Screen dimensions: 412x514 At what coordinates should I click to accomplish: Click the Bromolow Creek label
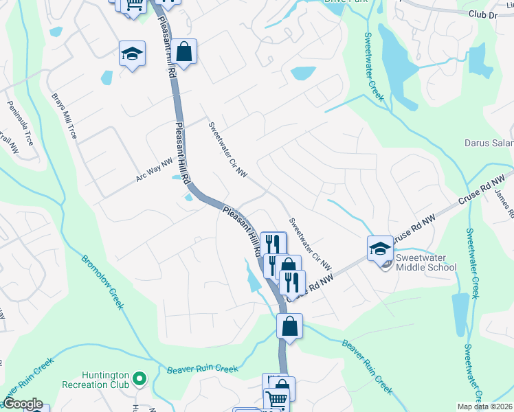[x=102, y=281]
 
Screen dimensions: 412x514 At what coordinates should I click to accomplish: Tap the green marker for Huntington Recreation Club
[x=139, y=378]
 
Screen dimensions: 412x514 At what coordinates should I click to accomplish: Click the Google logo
[x=23, y=404]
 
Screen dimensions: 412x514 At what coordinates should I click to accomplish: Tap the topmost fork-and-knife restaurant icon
[x=273, y=243]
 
